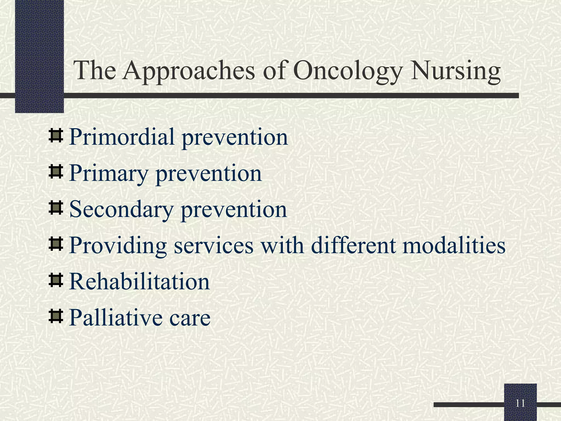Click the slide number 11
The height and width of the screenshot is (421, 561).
(x=520, y=403)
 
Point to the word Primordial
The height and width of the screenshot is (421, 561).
(x=122, y=137)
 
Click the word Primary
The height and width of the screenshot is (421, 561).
(x=108, y=173)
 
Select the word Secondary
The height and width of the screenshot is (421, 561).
(x=121, y=210)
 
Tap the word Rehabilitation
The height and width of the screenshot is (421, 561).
(x=139, y=282)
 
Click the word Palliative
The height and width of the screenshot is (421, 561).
(x=115, y=318)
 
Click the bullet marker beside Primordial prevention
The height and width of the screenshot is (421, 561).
(x=56, y=136)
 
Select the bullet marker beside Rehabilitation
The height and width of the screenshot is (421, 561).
(x=56, y=281)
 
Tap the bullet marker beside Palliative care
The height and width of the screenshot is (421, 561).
(x=56, y=317)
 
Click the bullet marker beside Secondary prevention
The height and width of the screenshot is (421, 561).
(x=56, y=208)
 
